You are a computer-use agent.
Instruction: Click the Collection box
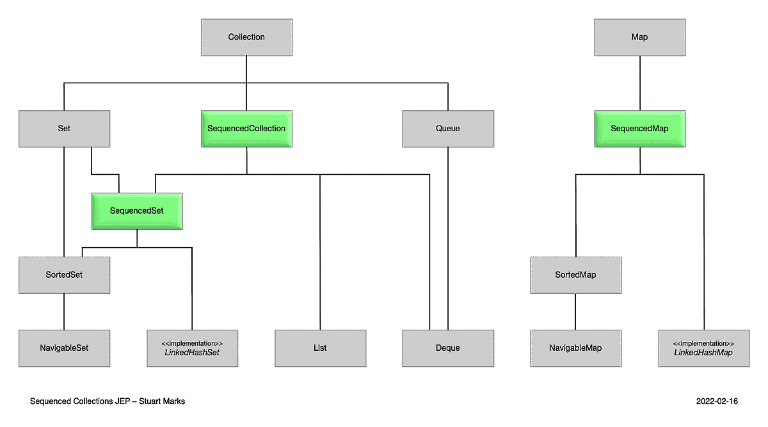point(246,37)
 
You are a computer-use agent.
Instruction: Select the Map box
point(639,37)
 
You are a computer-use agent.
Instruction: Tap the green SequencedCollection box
point(246,129)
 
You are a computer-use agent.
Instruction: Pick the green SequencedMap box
point(639,129)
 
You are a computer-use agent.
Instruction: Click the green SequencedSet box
point(137,211)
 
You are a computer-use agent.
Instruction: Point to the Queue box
point(448,129)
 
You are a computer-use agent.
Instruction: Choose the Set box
point(64,129)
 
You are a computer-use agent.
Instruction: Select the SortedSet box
point(64,275)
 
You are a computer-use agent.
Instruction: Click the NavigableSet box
point(64,348)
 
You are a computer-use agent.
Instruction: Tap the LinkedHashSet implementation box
point(192,348)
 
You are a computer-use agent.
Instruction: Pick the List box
point(320,348)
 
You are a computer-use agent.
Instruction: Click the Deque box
point(448,348)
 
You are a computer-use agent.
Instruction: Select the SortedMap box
point(575,275)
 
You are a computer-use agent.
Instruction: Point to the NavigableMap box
point(575,348)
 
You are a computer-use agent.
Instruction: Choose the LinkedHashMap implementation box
point(703,348)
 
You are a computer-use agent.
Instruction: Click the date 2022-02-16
point(717,401)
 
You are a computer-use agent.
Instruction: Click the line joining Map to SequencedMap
point(639,83)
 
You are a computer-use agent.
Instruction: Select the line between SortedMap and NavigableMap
point(575,312)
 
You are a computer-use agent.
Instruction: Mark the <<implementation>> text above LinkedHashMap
point(703,343)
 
